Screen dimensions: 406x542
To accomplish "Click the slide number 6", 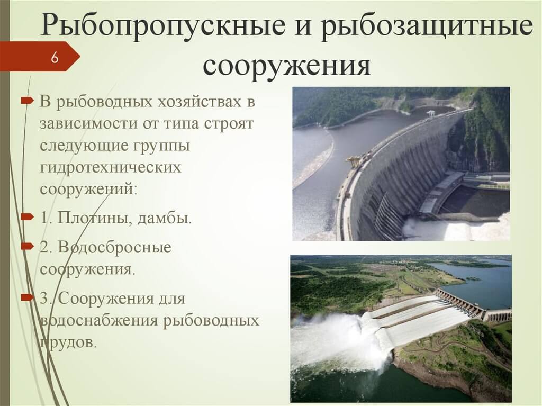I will (54, 57).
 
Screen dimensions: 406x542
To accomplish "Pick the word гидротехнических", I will (111, 167).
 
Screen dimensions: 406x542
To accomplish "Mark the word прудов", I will (69, 342).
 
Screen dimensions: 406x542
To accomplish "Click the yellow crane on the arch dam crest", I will (352, 161).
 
